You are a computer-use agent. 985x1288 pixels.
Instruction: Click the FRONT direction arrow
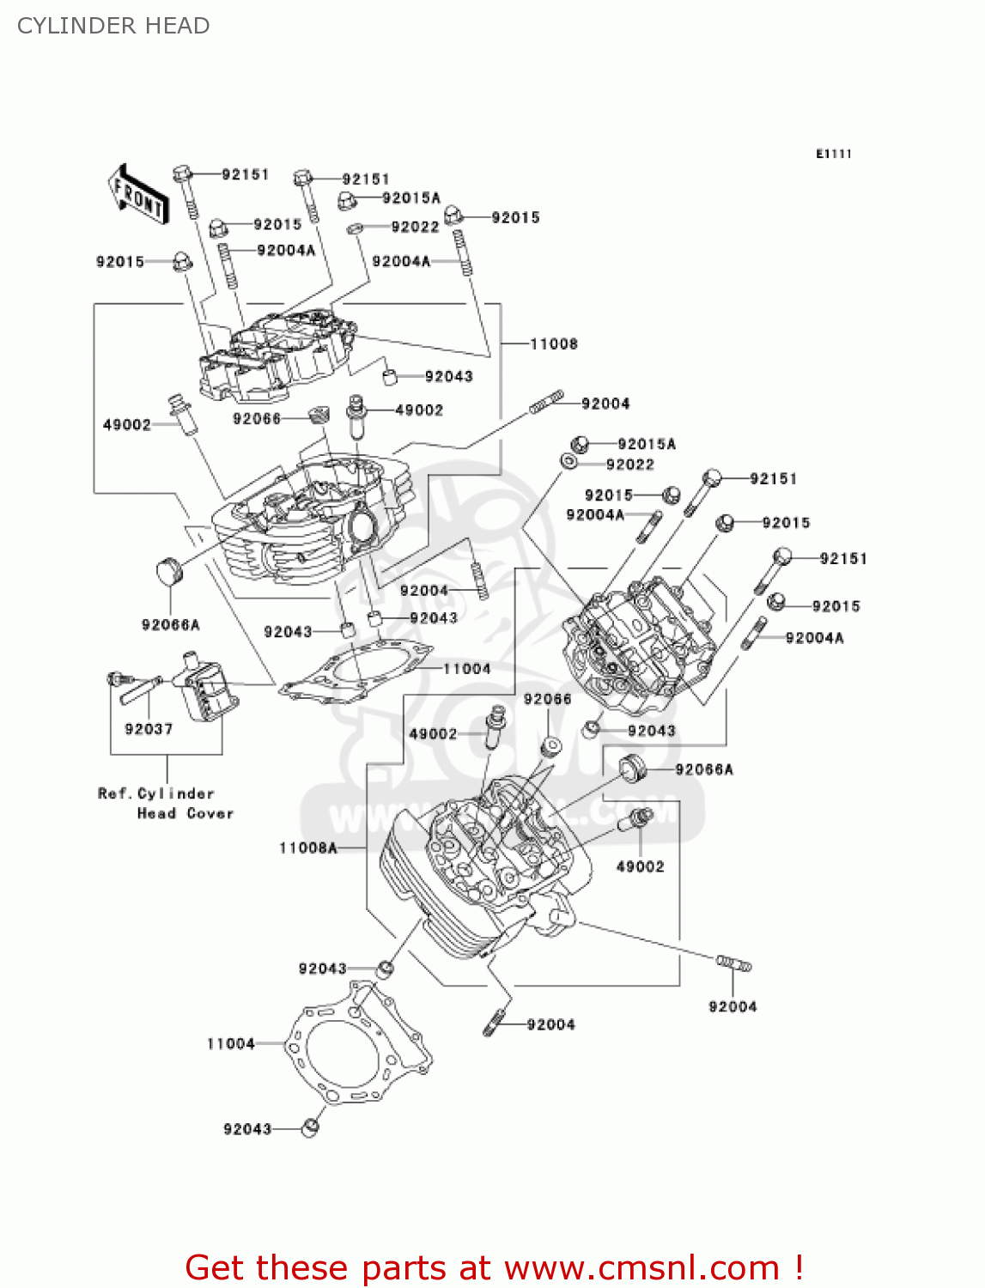[137, 195]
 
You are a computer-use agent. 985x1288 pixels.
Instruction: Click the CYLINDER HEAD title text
[113, 26]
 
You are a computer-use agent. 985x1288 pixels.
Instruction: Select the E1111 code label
[833, 154]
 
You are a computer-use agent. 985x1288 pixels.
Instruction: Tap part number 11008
[554, 344]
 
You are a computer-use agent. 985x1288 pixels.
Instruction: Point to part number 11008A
[308, 848]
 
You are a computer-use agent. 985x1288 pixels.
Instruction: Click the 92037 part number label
[149, 729]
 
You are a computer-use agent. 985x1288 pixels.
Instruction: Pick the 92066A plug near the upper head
[169, 571]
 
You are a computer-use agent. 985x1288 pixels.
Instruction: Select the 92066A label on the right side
[704, 769]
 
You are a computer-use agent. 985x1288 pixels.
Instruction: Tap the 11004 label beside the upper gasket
[466, 669]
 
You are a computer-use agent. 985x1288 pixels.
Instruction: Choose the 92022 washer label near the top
[415, 227]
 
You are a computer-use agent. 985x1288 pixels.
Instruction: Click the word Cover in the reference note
[210, 813]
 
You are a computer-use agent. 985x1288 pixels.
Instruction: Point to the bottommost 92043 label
[247, 1129]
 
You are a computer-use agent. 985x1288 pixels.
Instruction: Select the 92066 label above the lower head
[547, 699]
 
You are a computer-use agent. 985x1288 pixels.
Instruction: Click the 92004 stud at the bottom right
[733, 964]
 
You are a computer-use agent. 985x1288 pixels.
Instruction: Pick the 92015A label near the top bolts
[410, 198]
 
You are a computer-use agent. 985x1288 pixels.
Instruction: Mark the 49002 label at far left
[126, 425]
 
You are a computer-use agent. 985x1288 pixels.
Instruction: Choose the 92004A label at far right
[814, 637]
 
